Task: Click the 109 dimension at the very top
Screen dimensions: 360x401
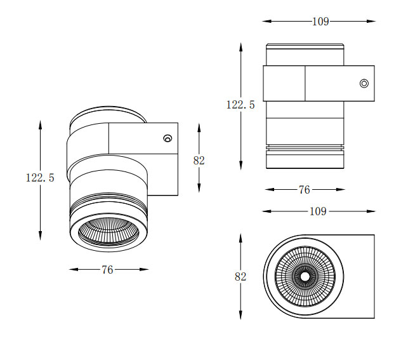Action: tap(320, 21)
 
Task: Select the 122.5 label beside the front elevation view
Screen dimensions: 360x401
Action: tap(240, 105)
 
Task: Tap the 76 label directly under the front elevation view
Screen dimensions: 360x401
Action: tap(305, 190)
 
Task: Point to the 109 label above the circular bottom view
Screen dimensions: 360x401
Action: tap(318, 211)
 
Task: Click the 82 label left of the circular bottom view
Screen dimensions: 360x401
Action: tap(240, 277)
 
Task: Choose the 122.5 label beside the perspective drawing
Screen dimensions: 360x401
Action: tap(40, 178)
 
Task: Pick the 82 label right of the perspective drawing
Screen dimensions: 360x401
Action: tap(199, 161)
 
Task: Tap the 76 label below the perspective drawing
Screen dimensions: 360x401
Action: tap(107, 270)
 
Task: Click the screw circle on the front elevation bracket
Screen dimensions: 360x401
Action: tap(364, 83)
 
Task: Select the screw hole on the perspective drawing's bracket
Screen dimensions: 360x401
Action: tap(168, 138)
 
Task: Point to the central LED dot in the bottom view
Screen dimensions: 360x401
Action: tap(305, 276)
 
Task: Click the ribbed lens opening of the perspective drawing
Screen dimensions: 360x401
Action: tap(109, 231)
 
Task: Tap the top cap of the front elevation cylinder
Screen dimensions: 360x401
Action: tap(305, 46)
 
